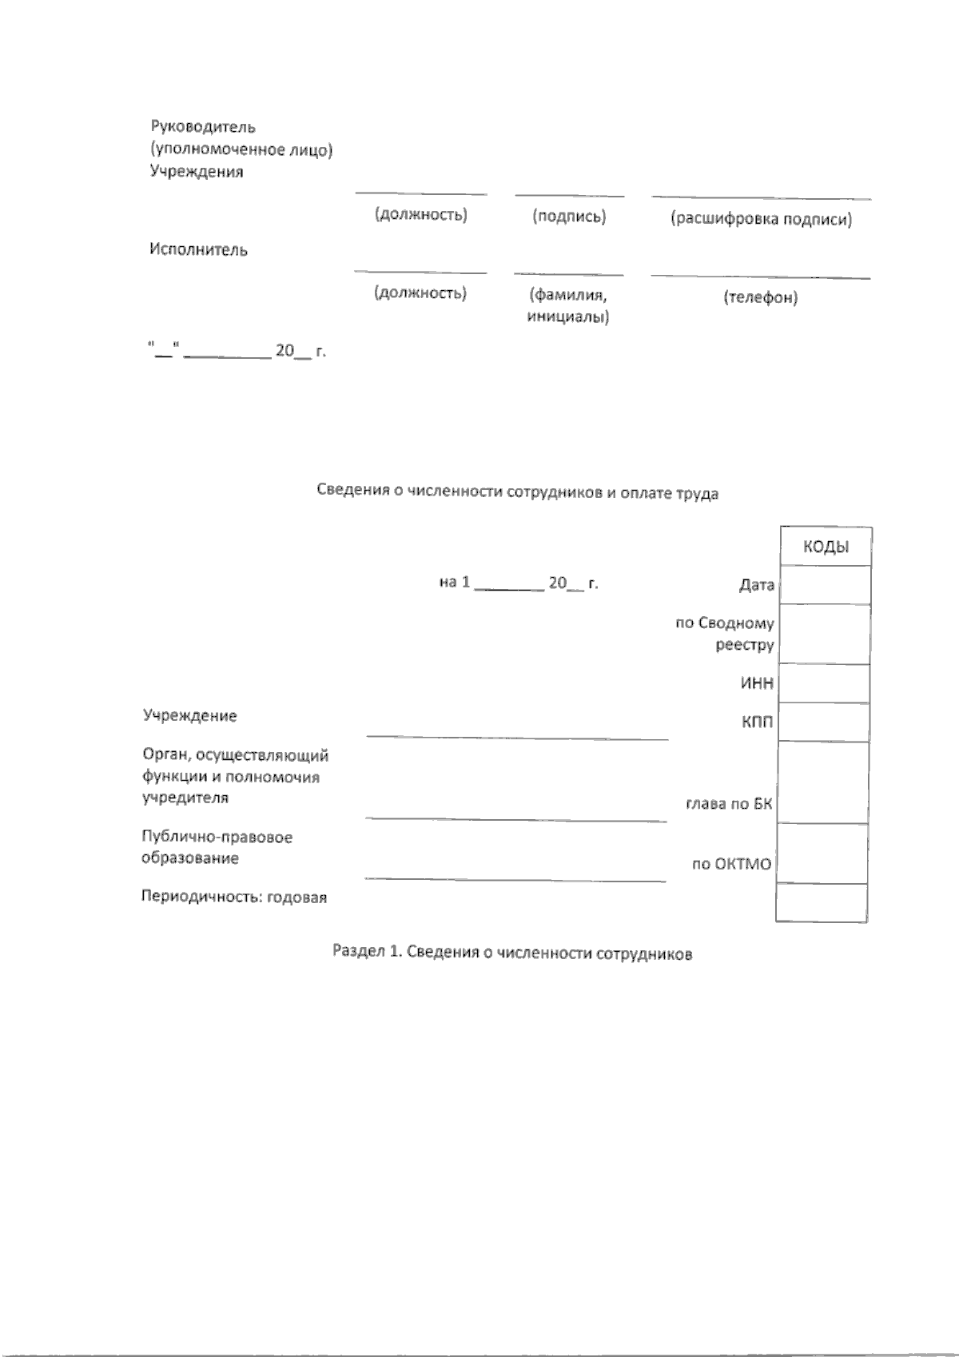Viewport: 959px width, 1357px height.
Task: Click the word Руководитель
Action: click(203, 127)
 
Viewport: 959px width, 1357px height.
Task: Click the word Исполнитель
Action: click(199, 250)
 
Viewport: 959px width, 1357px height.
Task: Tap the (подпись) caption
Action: click(569, 217)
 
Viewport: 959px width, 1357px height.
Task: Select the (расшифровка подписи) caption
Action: click(761, 220)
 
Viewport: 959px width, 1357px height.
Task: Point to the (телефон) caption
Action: click(761, 298)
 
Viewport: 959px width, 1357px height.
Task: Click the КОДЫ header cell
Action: click(826, 547)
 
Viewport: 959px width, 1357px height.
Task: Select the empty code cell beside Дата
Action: click(825, 585)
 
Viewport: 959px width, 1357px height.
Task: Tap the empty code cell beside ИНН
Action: click(824, 684)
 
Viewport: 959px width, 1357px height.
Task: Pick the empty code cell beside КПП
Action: click(824, 722)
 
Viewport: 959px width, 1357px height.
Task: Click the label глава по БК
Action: click(730, 804)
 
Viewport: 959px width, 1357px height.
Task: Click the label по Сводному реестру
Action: click(726, 634)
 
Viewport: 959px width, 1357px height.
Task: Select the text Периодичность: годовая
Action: click(234, 897)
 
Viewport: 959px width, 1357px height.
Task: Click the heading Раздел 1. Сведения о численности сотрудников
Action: click(512, 953)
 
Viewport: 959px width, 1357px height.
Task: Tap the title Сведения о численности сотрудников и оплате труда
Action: click(517, 493)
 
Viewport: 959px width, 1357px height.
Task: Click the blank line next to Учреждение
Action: click(517, 737)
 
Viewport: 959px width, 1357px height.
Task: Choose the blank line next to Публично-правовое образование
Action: click(515, 879)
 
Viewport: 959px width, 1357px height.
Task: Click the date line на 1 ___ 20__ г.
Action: click(519, 583)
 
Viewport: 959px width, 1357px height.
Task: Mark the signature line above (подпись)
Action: click(569, 194)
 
